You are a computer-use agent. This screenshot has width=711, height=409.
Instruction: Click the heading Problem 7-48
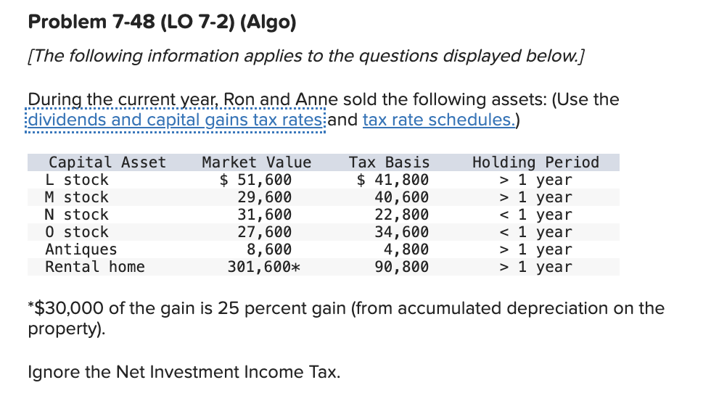(161, 22)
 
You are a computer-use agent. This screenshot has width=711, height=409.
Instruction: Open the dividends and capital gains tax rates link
(176, 120)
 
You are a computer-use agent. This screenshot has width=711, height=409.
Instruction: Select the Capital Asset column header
(107, 162)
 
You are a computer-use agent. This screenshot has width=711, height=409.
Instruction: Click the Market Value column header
(256, 162)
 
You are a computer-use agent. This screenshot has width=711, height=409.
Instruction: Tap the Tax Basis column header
(389, 162)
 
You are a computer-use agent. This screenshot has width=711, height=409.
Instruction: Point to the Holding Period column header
(535, 162)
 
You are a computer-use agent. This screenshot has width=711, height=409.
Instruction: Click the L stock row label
(76, 180)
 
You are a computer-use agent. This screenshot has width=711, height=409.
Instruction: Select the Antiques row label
(81, 249)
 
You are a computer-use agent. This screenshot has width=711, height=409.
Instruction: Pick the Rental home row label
(94, 267)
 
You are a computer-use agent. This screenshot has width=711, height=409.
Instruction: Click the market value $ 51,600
(256, 180)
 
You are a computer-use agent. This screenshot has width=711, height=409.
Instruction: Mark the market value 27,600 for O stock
(265, 232)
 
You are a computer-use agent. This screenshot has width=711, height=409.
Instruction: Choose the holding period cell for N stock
(535, 215)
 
